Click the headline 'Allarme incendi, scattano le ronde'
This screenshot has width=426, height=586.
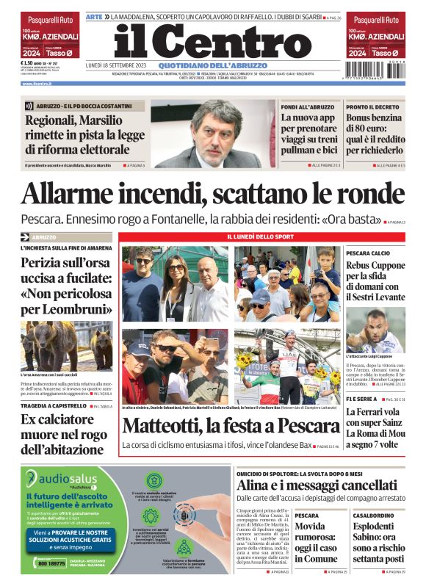coord(212,195)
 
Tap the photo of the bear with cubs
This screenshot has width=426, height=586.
coord(68,346)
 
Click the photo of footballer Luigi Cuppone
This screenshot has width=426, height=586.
coord(375,330)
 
